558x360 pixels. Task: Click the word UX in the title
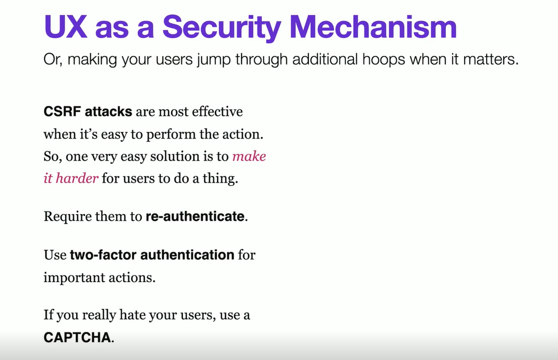tap(66, 27)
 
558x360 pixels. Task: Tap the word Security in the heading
tap(222, 28)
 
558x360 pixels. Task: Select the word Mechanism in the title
tap(373, 27)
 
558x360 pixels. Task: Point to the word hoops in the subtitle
tap(383, 60)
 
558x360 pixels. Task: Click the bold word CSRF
tap(62, 112)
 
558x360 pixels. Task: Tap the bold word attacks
tap(108, 112)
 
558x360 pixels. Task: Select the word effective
tap(218, 112)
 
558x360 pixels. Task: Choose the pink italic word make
tap(249, 156)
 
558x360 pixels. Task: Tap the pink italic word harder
tap(77, 178)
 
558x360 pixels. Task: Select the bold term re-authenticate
tap(195, 216)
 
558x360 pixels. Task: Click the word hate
tap(133, 315)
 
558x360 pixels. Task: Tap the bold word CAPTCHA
tap(77, 337)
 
